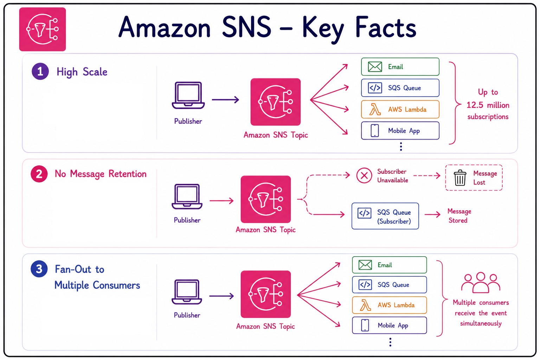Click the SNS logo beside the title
(x=43, y=29)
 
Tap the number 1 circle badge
(x=40, y=71)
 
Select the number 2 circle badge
(x=39, y=174)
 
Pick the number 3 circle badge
(x=39, y=269)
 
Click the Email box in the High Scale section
(x=400, y=66)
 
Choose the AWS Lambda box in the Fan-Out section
(x=389, y=305)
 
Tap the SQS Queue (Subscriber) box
(x=385, y=216)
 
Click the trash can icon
(x=460, y=178)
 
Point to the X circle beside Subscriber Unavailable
(x=364, y=175)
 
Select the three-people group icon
(x=481, y=283)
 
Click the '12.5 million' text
(x=488, y=105)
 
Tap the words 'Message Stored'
(x=459, y=216)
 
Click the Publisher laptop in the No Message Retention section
(x=187, y=197)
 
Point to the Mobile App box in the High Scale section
(x=400, y=130)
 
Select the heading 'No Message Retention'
(x=101, y=174)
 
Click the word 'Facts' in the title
(x=386, y=27)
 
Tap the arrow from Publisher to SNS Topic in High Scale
(x=225, y=99)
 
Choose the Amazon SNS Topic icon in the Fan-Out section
(x=266, y=294)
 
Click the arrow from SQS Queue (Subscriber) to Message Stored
(x=432, y=214)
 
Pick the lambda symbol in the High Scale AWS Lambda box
(x=375, y=109)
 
